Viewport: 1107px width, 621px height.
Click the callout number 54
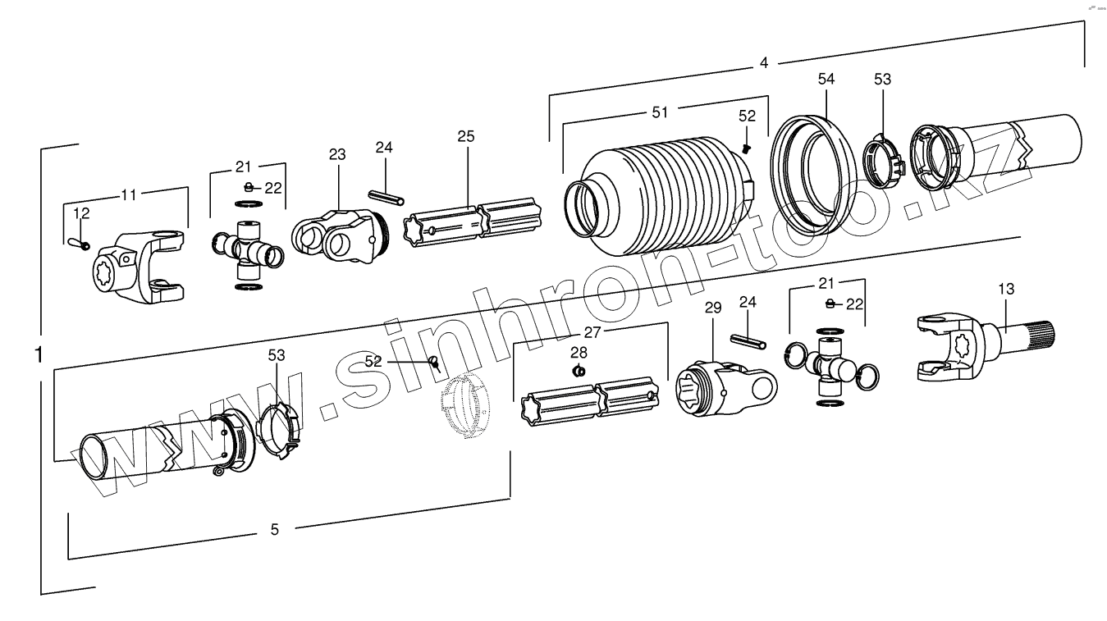[x=826, y=79]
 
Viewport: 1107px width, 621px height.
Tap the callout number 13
[x=1006, y=289]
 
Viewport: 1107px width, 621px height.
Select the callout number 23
[x=337, y=154]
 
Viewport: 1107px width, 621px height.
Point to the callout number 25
[x=466, y=136]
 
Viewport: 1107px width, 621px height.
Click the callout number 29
[x=712, y=308]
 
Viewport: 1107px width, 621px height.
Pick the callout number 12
[x=81, y=213]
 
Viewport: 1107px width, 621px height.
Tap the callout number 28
[x=579, y=352]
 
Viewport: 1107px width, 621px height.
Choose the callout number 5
[x=274, y=530]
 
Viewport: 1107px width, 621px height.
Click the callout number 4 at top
[x=764, y=62]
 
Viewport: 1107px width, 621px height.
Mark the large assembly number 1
[x=39, y=354]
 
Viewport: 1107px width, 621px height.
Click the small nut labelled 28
[x=578, y=370]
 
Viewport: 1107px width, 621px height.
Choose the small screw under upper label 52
[x=747, y=148]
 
